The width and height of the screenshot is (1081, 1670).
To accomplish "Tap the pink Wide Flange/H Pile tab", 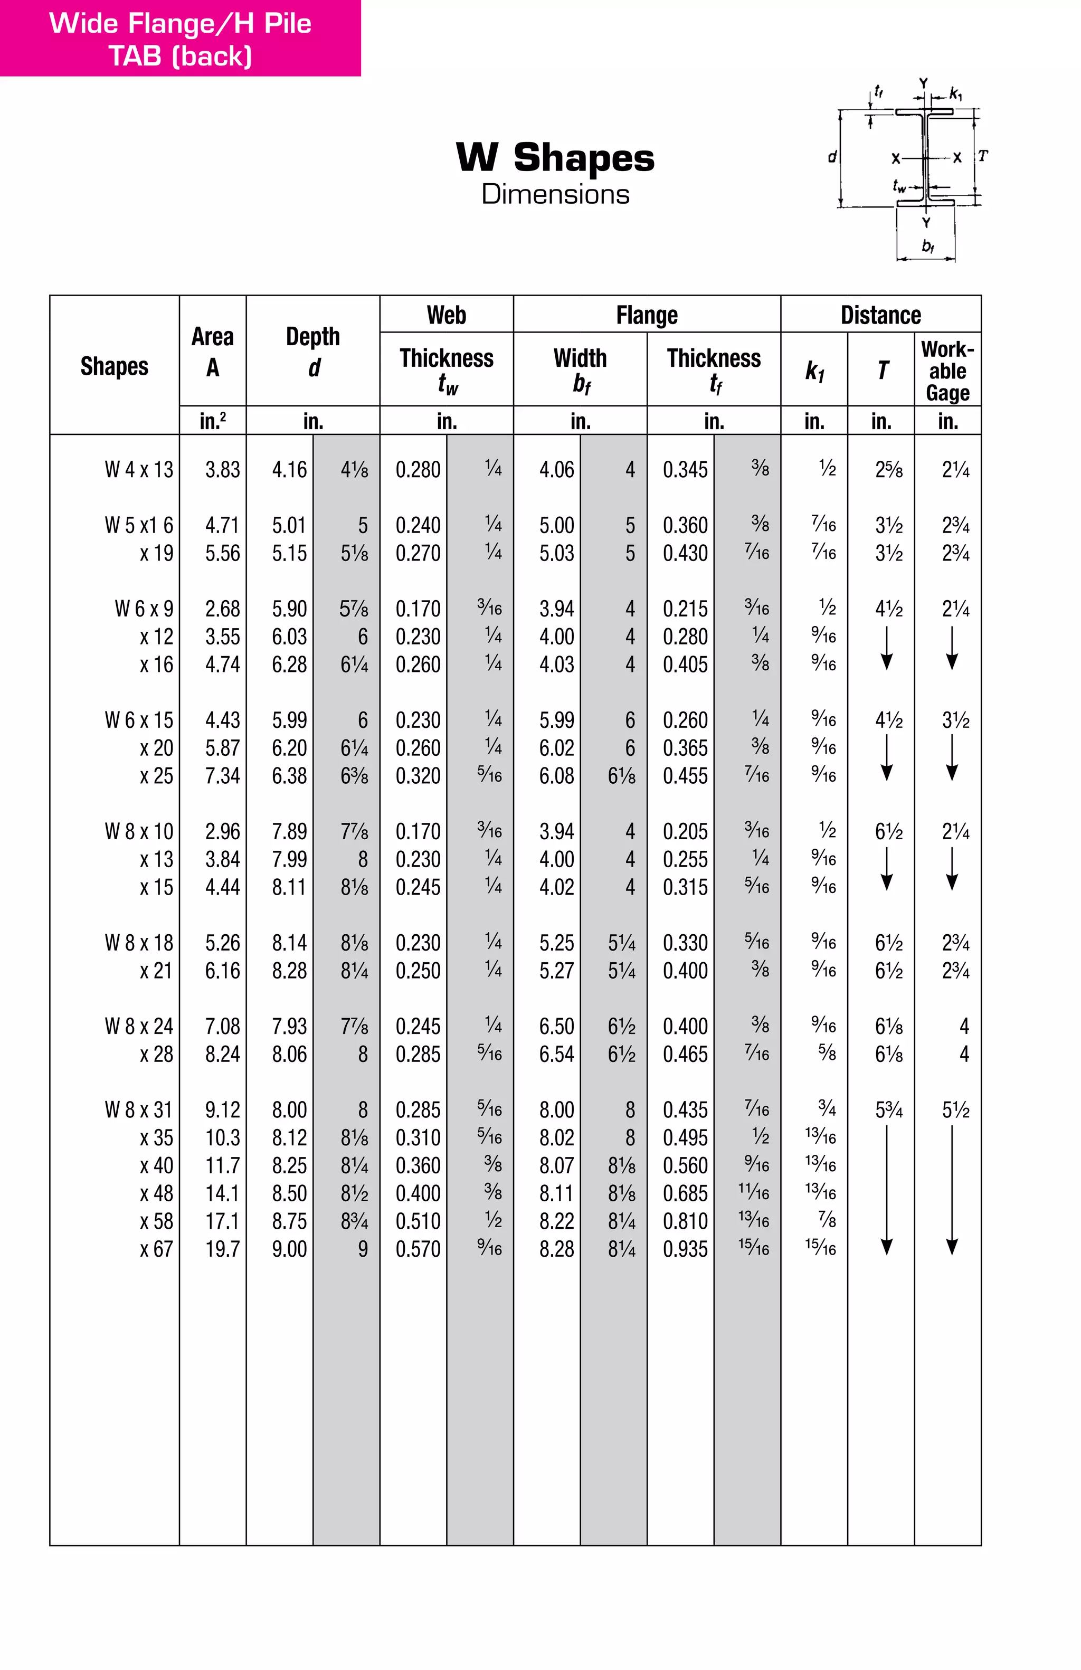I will click(181, 39).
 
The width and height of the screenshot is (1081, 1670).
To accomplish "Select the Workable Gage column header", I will click(947, 371).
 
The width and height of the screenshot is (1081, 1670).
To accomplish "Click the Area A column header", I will click(213, 352).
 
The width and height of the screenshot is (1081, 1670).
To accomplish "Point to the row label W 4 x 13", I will click(139, 469).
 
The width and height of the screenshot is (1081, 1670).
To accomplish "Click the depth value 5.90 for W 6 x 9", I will click(289, 609).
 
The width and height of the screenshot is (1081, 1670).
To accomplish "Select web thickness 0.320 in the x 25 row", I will click(418, 776).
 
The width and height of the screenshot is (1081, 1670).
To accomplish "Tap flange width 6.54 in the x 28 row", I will click(556, 1054).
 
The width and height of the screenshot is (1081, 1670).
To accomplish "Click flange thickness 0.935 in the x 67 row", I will click(685, 1249).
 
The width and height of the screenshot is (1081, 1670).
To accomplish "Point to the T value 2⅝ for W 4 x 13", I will click(888, 469).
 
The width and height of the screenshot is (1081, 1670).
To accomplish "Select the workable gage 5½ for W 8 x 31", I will click(955, 1110).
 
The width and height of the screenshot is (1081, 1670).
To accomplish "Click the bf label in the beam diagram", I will click(927, 246).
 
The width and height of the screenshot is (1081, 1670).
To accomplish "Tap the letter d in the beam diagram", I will click(832, 156).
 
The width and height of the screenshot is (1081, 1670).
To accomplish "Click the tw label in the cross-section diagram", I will click(898, 186).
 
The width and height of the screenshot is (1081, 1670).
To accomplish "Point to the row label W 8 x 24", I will click(139, 1027).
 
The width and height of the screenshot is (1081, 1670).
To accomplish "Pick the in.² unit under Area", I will click(213, 421).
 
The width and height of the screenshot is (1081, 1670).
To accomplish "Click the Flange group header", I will click(646, 315).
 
